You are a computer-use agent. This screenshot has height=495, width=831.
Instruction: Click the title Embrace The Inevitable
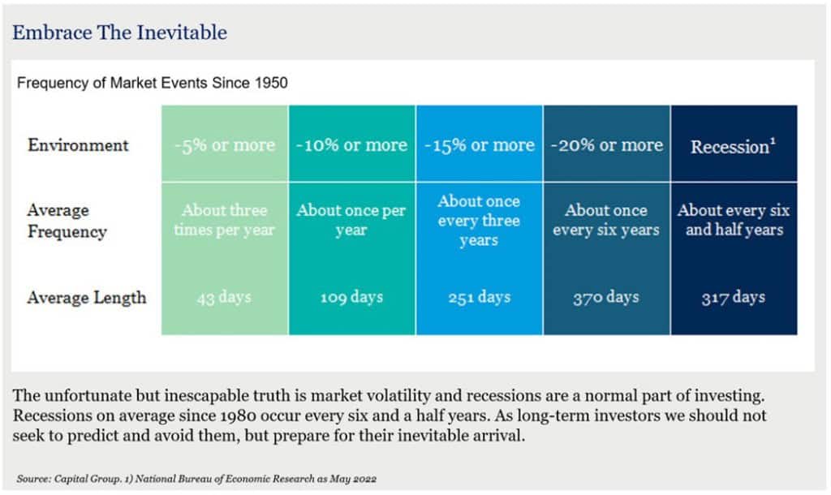(x=119, y=33)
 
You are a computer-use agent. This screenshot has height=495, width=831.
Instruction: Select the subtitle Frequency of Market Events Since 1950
(x=153, y=83)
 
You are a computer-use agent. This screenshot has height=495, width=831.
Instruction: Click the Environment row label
(x=78, y=145)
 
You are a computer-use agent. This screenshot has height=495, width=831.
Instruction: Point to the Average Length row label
(x=87, y=297)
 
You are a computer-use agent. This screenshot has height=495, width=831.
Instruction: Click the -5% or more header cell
(x=224, y=146)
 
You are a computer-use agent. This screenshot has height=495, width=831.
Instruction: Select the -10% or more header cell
(x=351, y=145)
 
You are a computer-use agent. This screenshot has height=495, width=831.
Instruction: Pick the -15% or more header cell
(x=479, y=145)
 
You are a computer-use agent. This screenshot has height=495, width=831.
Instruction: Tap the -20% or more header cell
(x=606, y=145)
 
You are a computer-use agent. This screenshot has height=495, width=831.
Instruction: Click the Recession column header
(x=734, y=146)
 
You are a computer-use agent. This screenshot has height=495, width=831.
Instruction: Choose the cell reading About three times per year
(x=225, y=220)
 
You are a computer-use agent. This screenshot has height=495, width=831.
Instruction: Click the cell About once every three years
(x=479, y=220)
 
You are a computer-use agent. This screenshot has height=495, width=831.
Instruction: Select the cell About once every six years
(x=606, y=220)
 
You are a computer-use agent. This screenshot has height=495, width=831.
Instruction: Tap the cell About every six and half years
(x=734, y=220)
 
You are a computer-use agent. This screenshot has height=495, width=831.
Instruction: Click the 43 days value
(x=225, y=297)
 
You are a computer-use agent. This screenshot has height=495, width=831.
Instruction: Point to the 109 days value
(x=351, y=297)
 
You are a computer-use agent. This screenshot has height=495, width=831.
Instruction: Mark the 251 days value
(x=479, y=297)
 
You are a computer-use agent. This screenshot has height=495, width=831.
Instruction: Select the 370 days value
(x=606, y=297)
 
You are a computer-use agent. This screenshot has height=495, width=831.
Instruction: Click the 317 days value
(x=734, y=297)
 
